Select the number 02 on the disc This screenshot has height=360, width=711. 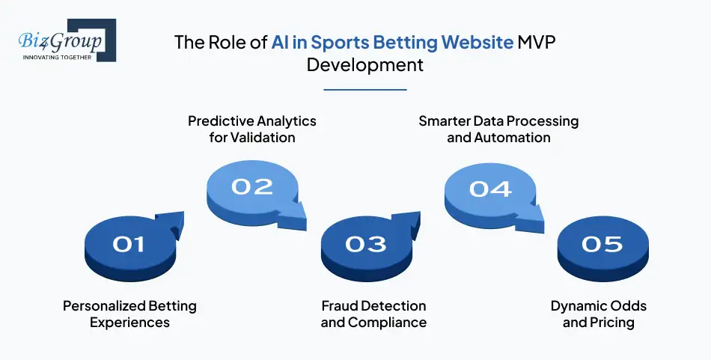tap(251, 186)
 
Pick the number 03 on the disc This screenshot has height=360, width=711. tap(366, 244)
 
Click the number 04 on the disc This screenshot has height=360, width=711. tap(490, 189)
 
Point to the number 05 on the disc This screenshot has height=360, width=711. tap(602, 244)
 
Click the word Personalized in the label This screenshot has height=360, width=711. tap(98, 306)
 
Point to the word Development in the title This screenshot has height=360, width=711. tap(365, 65)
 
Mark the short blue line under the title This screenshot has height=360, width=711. tap(365, 90)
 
